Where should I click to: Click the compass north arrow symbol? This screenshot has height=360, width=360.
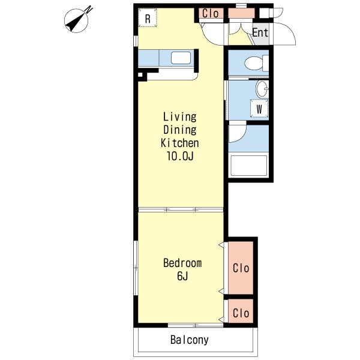click(76, 20)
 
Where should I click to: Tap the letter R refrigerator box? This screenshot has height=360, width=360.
click(148, 18)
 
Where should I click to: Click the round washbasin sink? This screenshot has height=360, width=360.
click(262, 89)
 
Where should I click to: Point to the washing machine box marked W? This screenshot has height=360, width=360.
click(259, 109)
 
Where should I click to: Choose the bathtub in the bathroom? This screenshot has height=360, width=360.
click(248, 166)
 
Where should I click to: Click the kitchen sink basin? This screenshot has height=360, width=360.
click(181, 58)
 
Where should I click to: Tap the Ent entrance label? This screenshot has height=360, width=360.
click(260, 32)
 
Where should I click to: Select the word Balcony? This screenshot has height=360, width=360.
click(190, 340)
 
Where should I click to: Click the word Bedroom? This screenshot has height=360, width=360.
click(182, 263)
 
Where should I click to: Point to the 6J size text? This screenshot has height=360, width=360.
click(182, 276)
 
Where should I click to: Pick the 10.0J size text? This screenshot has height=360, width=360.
click(180, 156)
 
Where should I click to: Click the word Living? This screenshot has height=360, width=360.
click(180, 116)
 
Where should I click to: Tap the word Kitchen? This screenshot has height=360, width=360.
click(180, 143)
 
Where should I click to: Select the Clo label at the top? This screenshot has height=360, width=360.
click(211, 13)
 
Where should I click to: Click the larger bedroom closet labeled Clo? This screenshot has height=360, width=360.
click(241, 268)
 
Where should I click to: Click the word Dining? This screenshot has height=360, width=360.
click(180, 130)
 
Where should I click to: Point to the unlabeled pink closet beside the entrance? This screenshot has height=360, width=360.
click(242, 13)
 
